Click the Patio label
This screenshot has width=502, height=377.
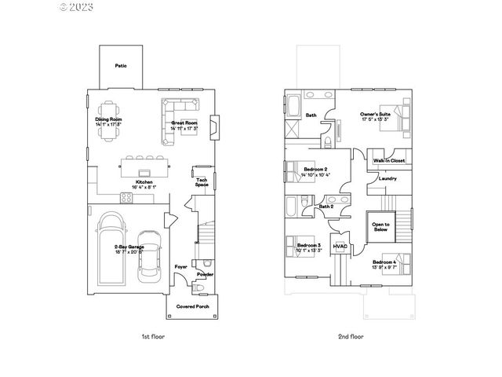(x=121, y=66)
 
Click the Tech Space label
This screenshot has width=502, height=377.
(x=202, y=181)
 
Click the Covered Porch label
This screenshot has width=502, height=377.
(x=192, y=306)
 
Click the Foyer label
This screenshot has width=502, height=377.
(x=180, y=266)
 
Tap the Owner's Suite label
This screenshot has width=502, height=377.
(x=376, y=115)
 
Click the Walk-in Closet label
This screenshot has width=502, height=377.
(x=389, y=160)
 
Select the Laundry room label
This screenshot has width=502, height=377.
(x=387, y=178)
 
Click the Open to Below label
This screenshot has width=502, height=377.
(x=380, y=227)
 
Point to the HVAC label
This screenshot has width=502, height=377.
(x=340, y=246)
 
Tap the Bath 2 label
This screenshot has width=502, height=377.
(x=327, y=207)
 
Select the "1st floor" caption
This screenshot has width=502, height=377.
(x=154, y=335)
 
